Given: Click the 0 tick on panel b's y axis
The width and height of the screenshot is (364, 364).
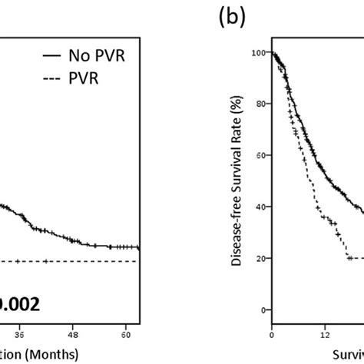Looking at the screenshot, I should [262, 309].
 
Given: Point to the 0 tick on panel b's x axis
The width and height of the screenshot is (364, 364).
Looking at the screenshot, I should [271, 335].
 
